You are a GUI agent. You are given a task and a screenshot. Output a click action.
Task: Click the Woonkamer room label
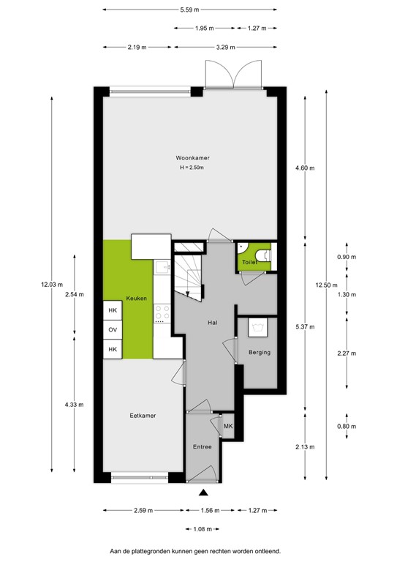190,158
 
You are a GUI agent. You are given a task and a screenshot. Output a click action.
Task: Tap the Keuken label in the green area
137,299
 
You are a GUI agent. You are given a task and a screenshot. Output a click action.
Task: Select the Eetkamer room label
143,416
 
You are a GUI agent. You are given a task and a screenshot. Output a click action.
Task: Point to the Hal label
213,322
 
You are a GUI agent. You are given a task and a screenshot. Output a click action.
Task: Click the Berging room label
260,353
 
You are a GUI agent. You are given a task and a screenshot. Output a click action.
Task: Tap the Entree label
202,446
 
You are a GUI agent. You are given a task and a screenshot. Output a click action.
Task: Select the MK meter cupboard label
227,427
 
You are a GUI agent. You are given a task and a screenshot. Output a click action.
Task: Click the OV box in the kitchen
113,330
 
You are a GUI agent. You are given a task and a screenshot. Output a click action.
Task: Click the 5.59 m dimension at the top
191,10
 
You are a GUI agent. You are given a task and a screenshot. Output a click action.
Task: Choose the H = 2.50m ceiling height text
190,168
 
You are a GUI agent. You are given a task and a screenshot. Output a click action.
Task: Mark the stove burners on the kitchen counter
161,314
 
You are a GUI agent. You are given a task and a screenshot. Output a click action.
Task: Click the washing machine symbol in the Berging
258,326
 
